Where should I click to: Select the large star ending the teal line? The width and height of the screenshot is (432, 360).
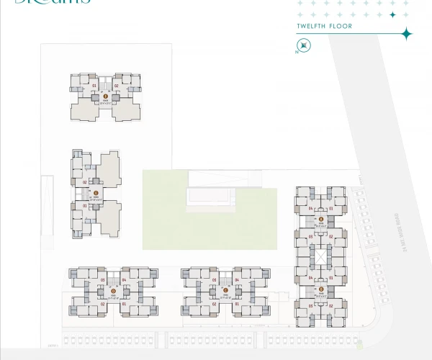coord(406,34)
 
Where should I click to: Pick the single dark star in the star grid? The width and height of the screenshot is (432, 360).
coord(392,14)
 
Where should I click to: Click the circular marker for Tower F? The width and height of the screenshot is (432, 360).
coord(105,95)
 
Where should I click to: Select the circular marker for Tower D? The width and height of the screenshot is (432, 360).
coord(113,291)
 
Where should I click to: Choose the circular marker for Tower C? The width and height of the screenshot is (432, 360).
coord(225,291)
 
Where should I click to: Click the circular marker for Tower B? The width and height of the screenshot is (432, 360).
coord(320,290)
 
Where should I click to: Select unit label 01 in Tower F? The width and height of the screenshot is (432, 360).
coord(94,86)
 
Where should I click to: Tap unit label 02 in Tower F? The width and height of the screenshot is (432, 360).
coord(116,86)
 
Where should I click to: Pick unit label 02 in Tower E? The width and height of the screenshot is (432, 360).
coord(85,182)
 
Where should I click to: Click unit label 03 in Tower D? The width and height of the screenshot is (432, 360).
coord(103,280)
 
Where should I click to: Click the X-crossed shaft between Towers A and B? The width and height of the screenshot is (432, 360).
coord(320,256)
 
